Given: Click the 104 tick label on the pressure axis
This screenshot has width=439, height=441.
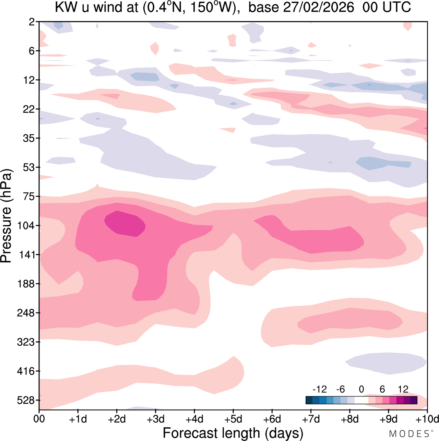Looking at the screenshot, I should point(26,226).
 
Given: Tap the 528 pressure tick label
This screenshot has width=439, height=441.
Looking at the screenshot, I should point(26,400).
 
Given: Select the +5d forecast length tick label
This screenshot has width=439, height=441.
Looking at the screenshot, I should point(233,419).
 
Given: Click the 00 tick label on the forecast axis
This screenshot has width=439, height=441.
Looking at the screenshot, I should point(39,419).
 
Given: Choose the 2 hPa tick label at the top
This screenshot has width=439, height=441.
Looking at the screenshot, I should point(32,22).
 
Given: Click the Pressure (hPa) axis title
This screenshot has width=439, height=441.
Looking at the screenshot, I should point(6,216).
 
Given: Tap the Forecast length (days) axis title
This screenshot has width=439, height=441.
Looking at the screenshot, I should point(233,432).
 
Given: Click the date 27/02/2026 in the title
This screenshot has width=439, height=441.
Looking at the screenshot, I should point(319,8).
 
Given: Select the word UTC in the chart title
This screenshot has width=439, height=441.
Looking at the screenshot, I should point(396,8).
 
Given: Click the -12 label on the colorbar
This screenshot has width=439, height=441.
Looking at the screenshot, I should point(320,389).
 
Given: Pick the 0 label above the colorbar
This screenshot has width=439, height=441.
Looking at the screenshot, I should point(361,389).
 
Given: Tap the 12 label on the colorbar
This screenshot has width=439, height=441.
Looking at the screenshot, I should point(403,389).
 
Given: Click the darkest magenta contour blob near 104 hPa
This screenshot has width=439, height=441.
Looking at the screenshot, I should point(125,224).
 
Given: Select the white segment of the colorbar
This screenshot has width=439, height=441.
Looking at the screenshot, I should point(361,400).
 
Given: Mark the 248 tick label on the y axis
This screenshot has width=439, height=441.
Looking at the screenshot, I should point(26,313).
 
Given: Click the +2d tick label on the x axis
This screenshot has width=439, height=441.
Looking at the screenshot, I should point(117,419).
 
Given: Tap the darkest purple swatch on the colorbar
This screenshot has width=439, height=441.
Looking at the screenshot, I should point(414,400).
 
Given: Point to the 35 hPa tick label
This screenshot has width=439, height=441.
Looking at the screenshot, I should point(29,138).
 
